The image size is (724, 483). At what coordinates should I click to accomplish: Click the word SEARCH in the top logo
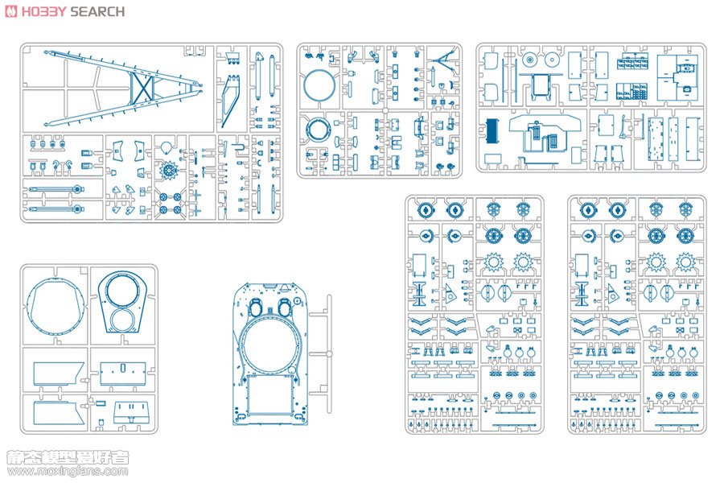point(97,11)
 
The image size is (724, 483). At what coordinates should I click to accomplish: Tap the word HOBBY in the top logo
point(44,11)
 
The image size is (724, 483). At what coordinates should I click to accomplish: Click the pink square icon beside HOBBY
point(11,11)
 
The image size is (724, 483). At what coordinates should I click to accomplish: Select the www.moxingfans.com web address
point(68,472)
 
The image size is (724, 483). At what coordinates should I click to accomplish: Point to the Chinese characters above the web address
point(68,457)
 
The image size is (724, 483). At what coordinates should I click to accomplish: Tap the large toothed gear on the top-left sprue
point(168,171)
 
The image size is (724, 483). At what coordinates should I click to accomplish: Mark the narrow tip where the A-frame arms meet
point(200,86)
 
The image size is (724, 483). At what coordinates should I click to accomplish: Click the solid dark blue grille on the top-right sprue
point(492,130)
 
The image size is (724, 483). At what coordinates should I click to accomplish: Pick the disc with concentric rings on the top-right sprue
point(529,60)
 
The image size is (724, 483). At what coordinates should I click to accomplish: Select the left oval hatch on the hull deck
point(255,306)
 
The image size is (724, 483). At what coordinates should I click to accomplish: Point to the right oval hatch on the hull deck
point(284,306)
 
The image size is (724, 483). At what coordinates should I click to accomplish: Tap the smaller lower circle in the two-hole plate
point(123,320)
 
